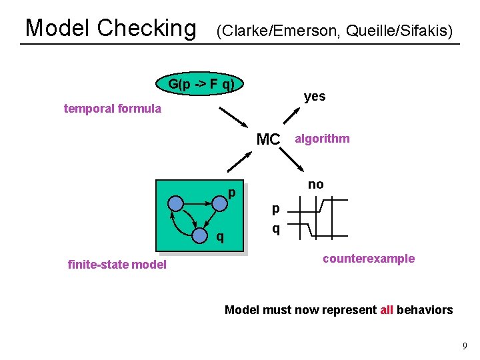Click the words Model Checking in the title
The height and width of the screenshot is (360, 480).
[110, 28]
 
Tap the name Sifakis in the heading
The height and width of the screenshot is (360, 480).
[427, 31]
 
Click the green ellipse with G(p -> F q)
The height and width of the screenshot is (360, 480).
[201, 85]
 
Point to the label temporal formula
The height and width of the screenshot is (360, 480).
[112, 109]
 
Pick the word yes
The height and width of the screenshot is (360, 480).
[315, 96]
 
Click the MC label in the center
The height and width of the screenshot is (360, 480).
[268, 139]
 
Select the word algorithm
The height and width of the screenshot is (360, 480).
[322, 139]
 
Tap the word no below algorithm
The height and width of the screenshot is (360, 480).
[315, 185]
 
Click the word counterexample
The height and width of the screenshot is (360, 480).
[368, 259]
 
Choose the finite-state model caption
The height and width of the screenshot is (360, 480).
[117, 265]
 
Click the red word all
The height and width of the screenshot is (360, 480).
[387, 309]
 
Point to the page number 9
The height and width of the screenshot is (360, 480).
[465, 346]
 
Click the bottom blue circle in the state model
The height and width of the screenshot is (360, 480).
[199, 235]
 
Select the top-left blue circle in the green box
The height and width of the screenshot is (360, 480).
[175, 203]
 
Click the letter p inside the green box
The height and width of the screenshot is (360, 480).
[232, 193]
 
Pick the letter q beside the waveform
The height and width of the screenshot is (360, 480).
[275, 228]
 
